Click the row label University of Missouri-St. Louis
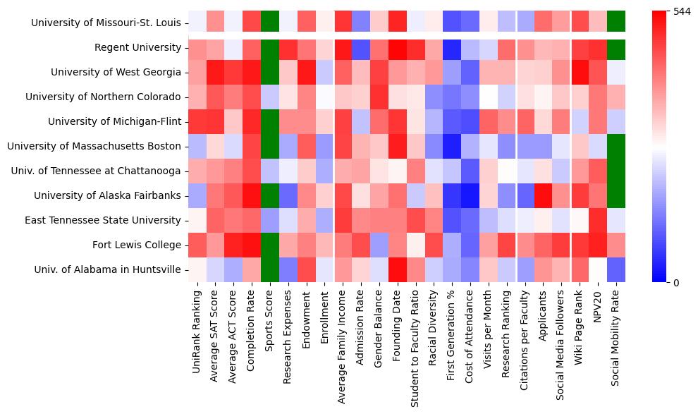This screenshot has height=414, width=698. coord(105,23)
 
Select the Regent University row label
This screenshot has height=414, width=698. coord(137,48)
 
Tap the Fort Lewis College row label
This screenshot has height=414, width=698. coord(136,245)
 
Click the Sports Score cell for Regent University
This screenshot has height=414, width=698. coord(269,48)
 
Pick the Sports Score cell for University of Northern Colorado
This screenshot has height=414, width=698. coord(269,97)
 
